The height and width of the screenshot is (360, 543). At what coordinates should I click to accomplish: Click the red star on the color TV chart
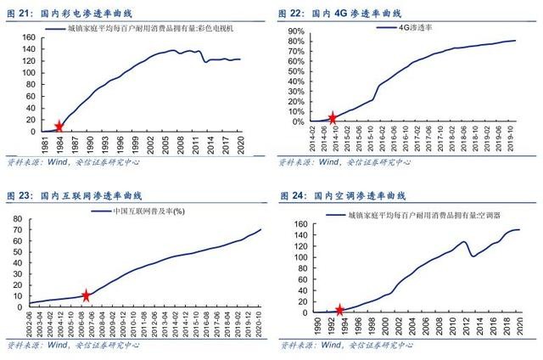point(59,127)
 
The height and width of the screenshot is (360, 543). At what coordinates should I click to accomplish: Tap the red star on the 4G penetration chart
point(333,118)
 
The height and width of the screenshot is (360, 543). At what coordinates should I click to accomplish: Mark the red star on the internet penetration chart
point(86,295)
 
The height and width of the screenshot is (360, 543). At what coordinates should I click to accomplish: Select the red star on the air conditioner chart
point(340,311)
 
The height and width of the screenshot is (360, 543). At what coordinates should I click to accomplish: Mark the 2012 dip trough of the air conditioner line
point(473,256)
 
